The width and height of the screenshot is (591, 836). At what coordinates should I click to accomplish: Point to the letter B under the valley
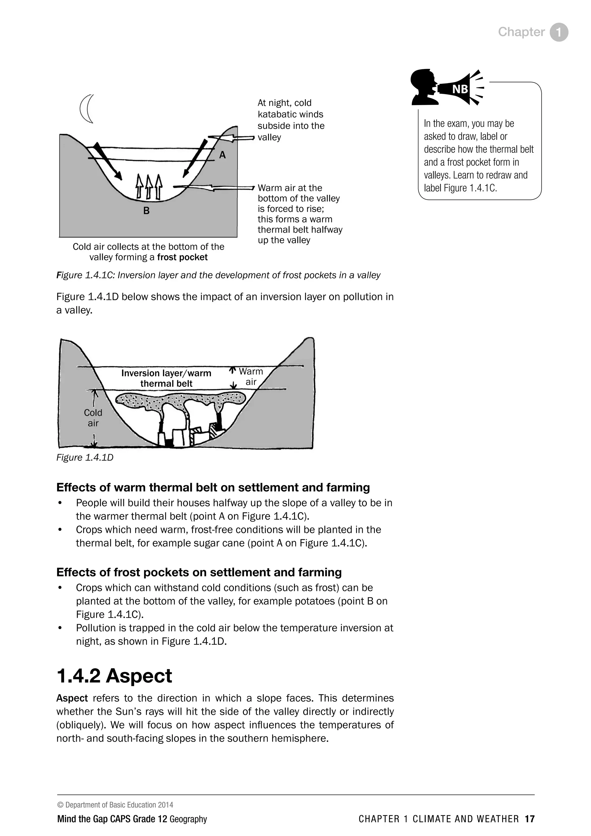[x=146, y=211]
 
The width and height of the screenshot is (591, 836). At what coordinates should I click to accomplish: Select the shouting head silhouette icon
[x=424, y=86]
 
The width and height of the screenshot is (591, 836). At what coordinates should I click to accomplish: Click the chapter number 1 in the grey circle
[x=559, y=32]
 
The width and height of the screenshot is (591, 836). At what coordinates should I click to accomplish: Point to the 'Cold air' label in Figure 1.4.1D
[x=93, y=418]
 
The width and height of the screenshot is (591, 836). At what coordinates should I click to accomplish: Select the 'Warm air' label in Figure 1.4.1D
[x=251, y=376]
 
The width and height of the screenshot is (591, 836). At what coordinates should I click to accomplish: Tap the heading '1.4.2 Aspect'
[x=114, y=676]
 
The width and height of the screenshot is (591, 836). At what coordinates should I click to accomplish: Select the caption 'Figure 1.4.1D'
[x=85, y=457]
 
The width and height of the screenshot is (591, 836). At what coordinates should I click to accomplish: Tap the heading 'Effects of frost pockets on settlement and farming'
[x=199, y=572]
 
